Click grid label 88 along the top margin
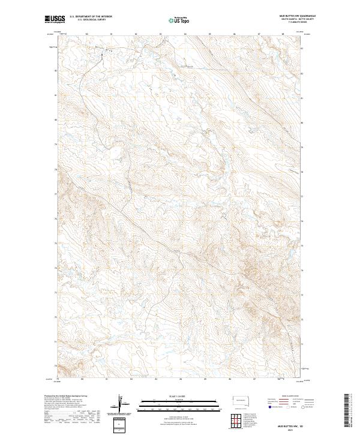283,34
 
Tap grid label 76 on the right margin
302,218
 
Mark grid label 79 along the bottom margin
58,379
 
